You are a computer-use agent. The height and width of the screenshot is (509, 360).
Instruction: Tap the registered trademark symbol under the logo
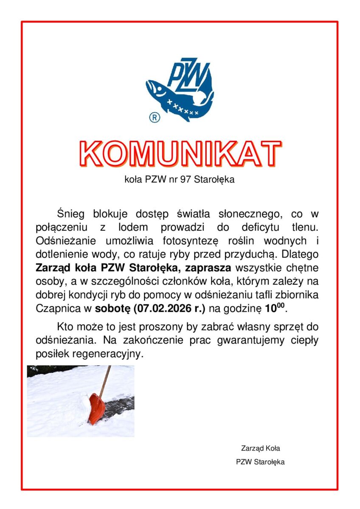[x=155, y=118]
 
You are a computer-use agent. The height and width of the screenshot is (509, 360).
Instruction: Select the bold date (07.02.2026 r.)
[x=169, y=308]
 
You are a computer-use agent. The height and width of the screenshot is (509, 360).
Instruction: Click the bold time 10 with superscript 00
[x=276, y=308]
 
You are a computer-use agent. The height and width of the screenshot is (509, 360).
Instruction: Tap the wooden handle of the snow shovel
[x=105, y=379]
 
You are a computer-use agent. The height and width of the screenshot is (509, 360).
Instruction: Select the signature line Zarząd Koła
[x=260, y=448]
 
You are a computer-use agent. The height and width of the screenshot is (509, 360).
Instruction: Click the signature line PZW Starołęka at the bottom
[x=260, y=462]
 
